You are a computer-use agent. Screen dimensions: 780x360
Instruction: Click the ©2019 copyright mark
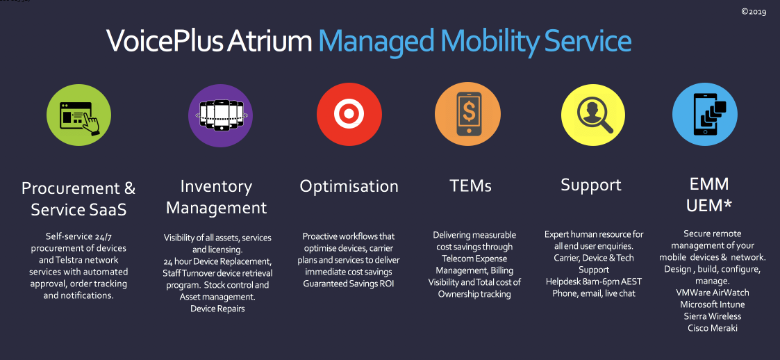pyautogui.click(x=754, y=12)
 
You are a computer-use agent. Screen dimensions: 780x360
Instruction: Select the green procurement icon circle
pyautogui.click(x=78, y=115)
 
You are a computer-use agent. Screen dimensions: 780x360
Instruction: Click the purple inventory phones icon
pyautogui.click(x=220, y=115)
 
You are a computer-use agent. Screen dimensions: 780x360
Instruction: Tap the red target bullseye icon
pyautogui.click(x=349, y=114)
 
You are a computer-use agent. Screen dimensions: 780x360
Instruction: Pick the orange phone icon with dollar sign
pyautogui.click(x=467, y=114)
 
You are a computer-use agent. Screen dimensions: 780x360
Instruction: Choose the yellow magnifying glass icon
pyautogui.click(x=593, y=114)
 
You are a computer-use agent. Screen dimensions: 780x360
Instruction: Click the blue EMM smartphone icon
pyautogui.click(x=705, y=114)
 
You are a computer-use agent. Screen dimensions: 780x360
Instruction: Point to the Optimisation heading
pyautogui.click(x=349, y=186)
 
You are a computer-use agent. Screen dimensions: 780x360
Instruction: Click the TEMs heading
pyautogui.click(x=471, y=186)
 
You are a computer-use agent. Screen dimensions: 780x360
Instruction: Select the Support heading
pyautogui.click(x=592, y=186)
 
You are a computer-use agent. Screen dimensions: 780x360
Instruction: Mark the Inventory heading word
pyautogui.click(x=216, y=187)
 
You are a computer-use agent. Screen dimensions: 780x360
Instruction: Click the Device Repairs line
pyautogui.click(x=218, y=309)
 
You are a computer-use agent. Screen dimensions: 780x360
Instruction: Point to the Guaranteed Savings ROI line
pyautogui.click(x=349, y=284)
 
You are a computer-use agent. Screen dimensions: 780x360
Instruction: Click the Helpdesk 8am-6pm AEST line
pyautogui.click(x=593, y=282)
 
